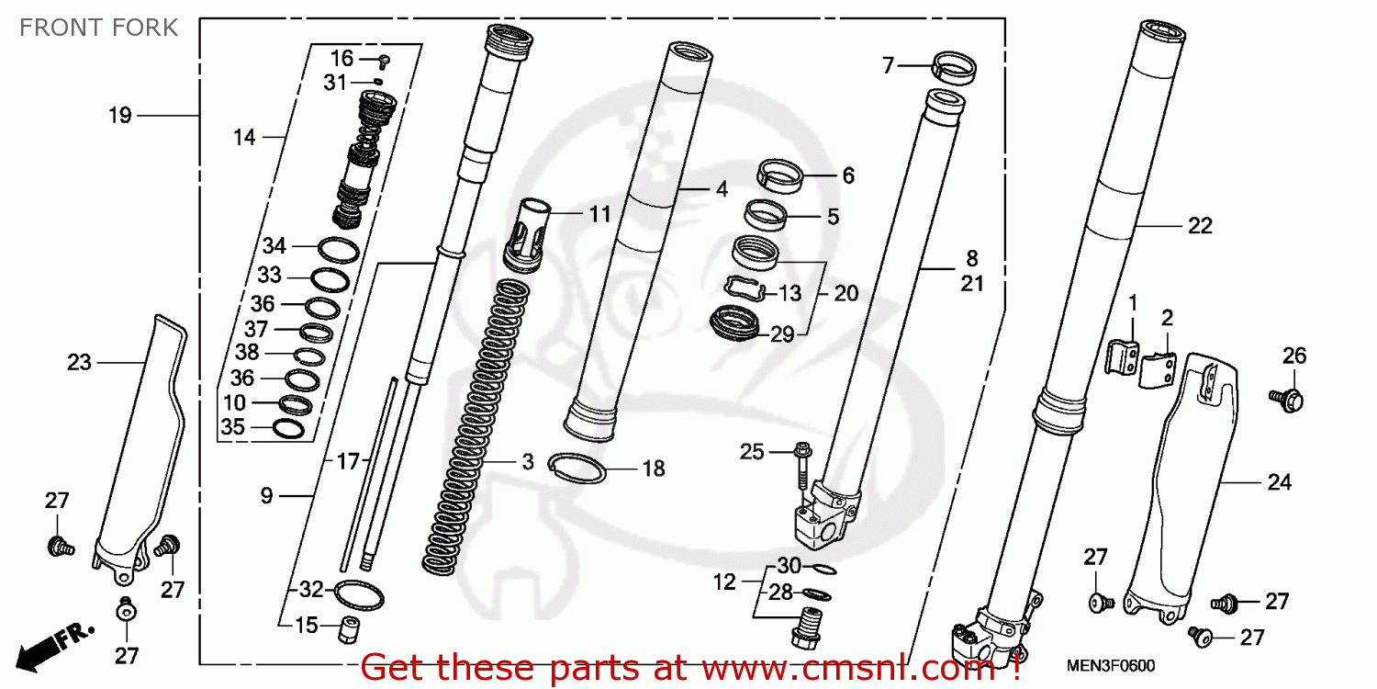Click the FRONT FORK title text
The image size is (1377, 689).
pos(99,28)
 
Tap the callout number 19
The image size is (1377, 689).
pos(120,116)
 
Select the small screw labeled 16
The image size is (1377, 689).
pos(385,61)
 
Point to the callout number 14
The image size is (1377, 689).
pos(244,138)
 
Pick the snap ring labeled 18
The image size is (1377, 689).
pos(576,468)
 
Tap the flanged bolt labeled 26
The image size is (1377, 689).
pos(1291,399)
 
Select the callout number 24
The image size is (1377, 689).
pos(1279,482)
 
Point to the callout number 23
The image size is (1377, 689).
pos(80,363)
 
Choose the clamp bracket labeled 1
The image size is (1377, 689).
pos(1122,356)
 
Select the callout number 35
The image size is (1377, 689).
pos(233,427)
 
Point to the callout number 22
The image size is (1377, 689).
pos(1200,226)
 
